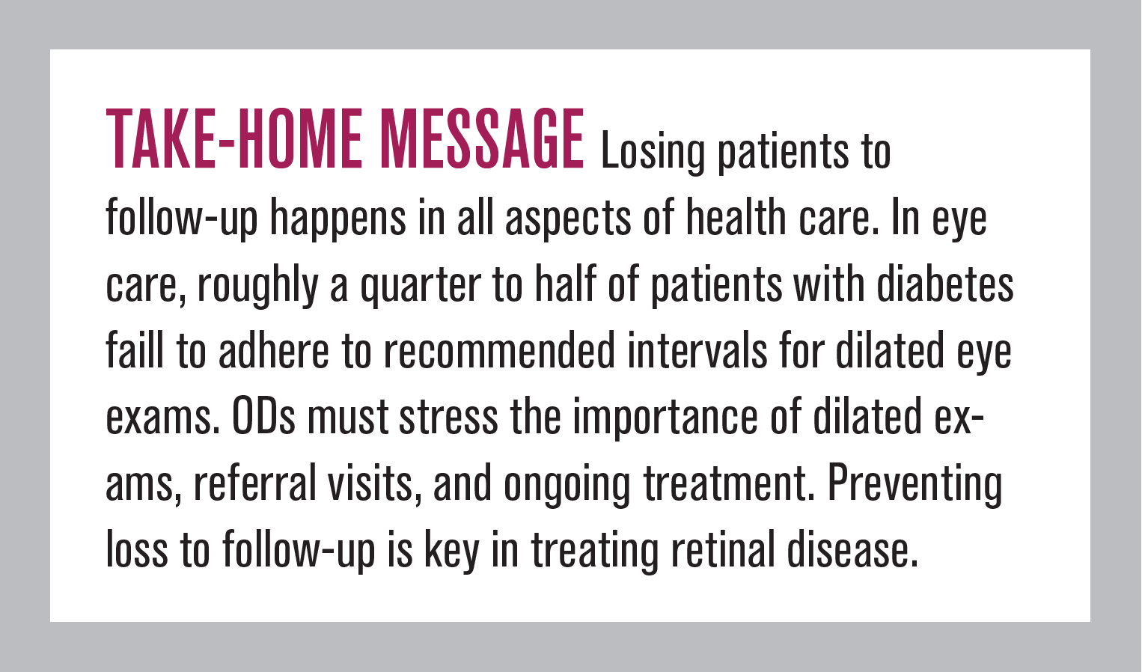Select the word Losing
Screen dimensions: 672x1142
653,153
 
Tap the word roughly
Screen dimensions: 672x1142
257,287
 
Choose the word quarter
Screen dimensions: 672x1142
420,287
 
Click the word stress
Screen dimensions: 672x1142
448,417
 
